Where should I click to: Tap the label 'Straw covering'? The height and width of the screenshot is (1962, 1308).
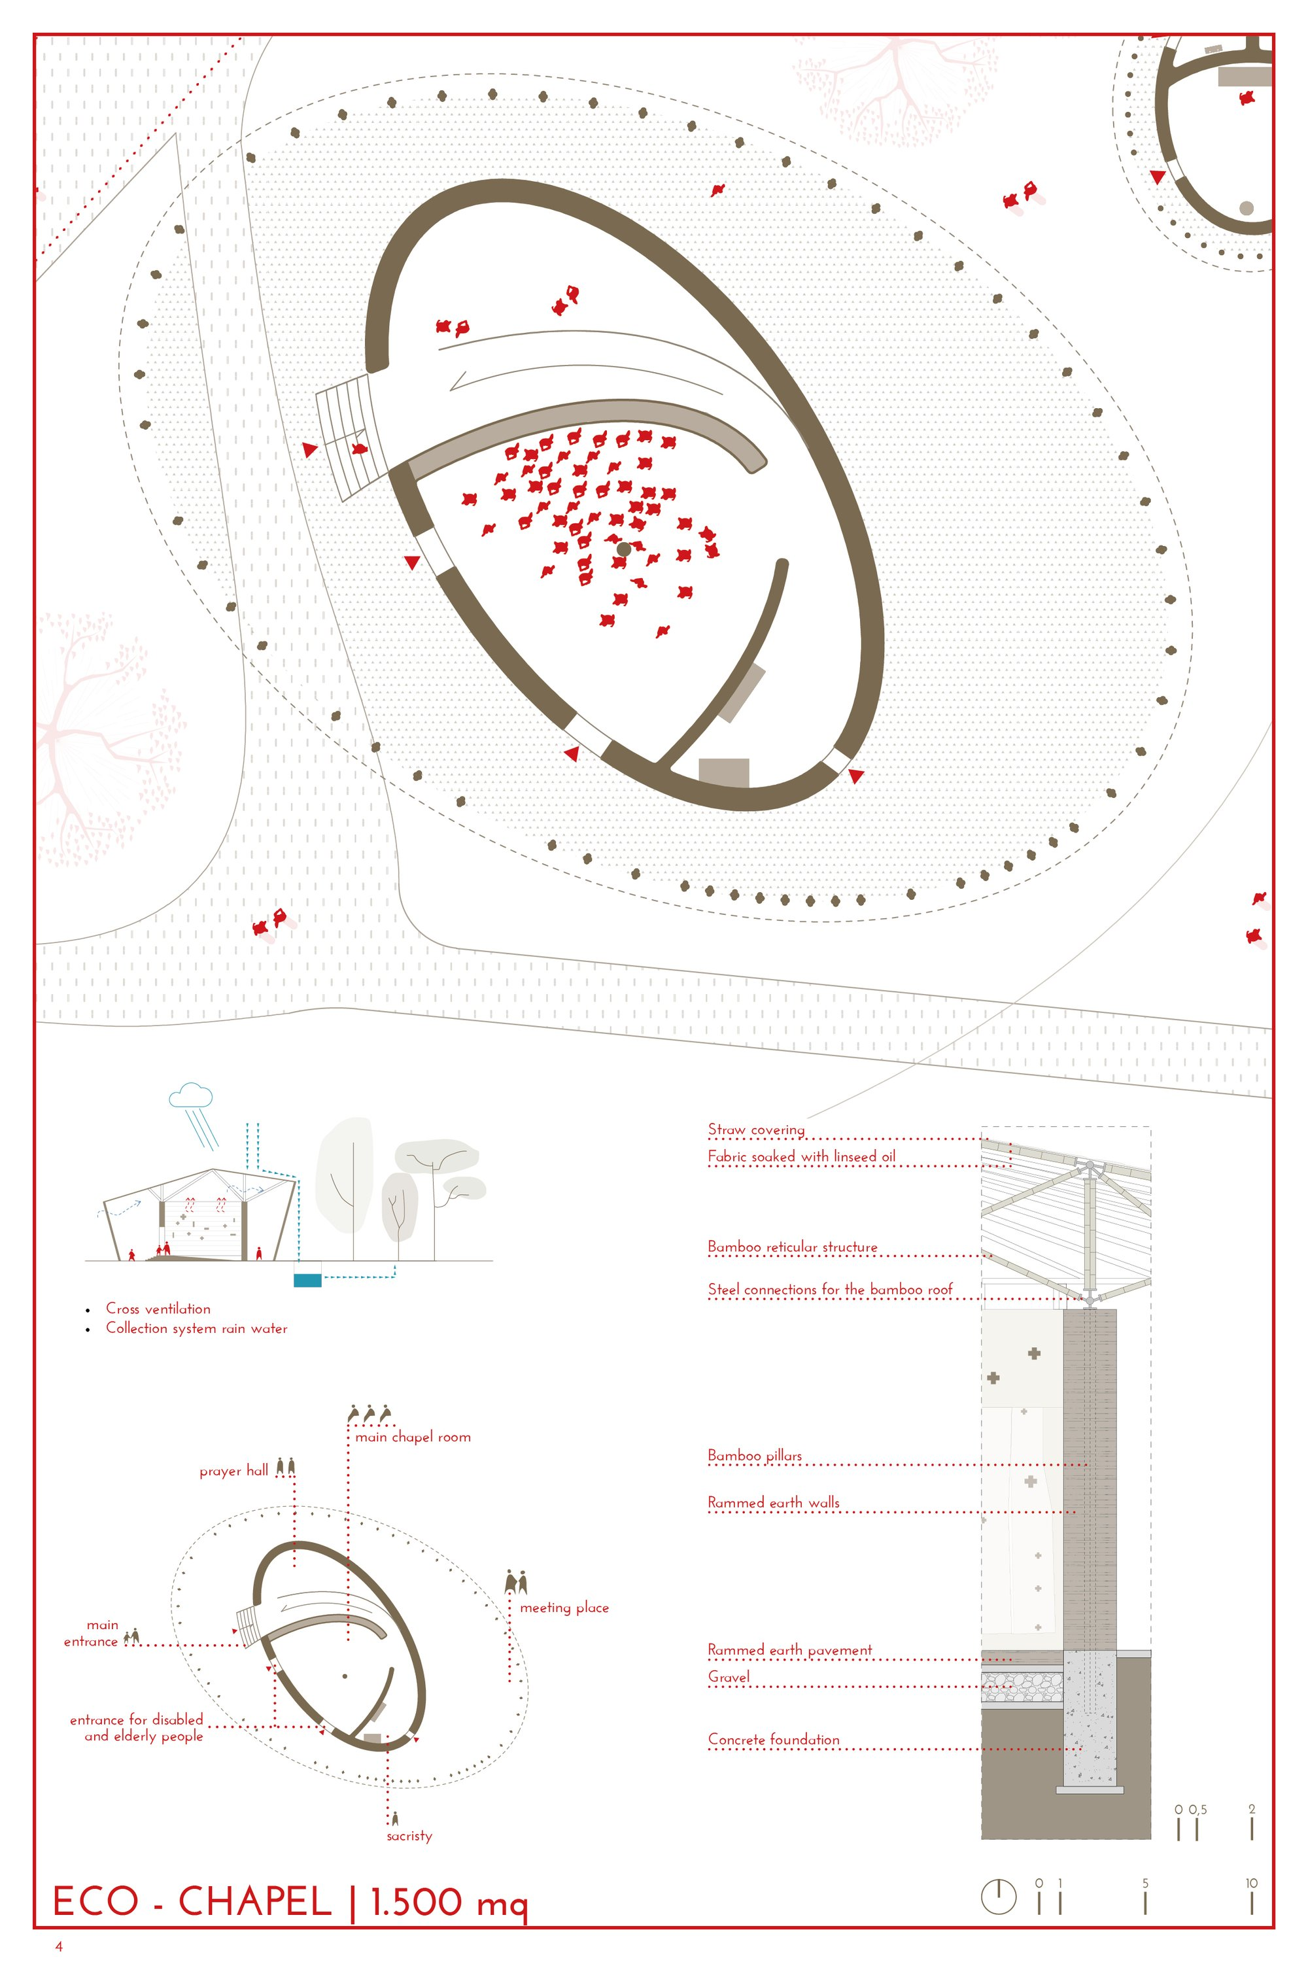pyautogui.click(x=757, y=1129)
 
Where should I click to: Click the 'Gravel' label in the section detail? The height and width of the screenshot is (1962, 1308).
pyautogui.click(x=729, y=1677)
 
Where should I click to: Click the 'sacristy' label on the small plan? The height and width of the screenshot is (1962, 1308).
pyautogui.click(x=409, y=1835)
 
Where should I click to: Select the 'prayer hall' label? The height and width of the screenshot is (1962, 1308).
pyautogui.click(x=233, y=1471)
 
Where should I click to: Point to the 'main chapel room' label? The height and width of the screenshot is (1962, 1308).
pyautogui.click(x=413, y=1436)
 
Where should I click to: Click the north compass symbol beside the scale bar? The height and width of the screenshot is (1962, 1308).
pyautogui.click(x=999, y=1896)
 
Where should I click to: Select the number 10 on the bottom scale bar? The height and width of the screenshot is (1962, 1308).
pyautogui.click(x=1251, y=1883)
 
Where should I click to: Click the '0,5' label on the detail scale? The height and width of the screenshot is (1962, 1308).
pyautogui.click(x=1198, y=1810)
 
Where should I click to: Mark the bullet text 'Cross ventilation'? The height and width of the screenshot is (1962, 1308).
pyautogui.click(x=158, y=1308)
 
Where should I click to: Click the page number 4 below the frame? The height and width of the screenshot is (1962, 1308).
pyautogui.click(x=58, y=1946)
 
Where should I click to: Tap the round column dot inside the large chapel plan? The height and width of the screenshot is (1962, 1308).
pyautogui.click(x=623, y=549)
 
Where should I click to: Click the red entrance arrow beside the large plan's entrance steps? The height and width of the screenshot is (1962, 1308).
pyautogui.click(x=310, y=450)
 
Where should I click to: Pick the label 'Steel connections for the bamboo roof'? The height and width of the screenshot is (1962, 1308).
pyautogui.click(x=830, y=1289)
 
